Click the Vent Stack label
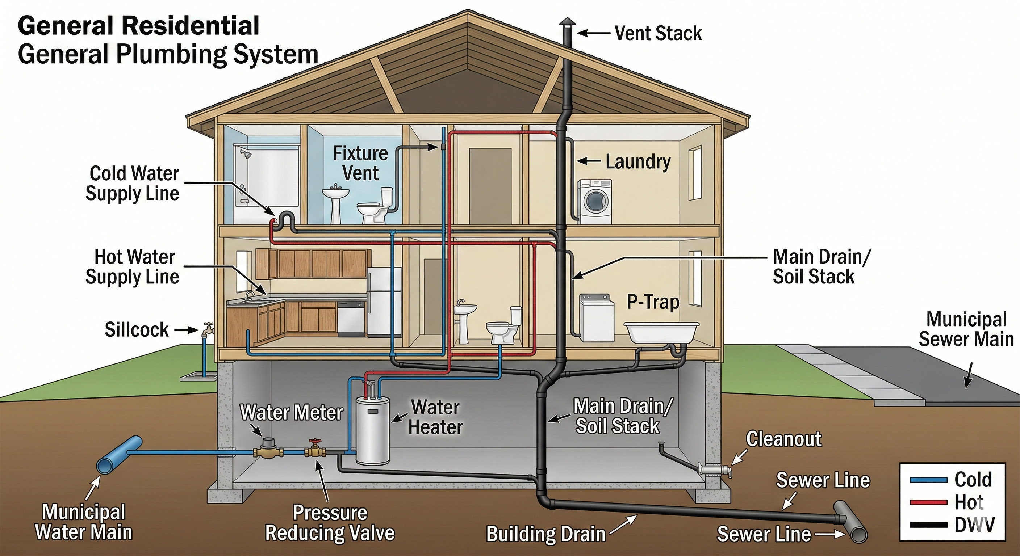point(658,33)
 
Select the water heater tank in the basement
point(372,431)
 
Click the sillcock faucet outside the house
point(207,328)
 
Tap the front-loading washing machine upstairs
point(594,202)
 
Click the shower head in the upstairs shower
point(247,154)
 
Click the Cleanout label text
point(783,439)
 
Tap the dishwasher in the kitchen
point(351,319)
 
